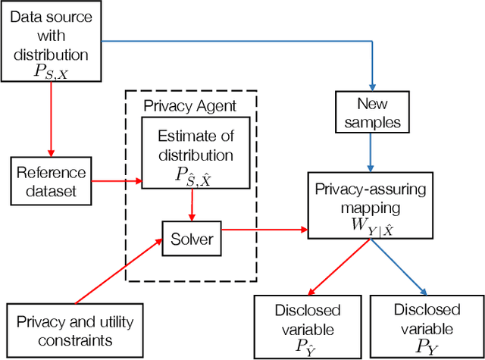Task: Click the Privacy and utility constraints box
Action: [x=74, y=330]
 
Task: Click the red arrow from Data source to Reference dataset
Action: [x=51, y=117]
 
